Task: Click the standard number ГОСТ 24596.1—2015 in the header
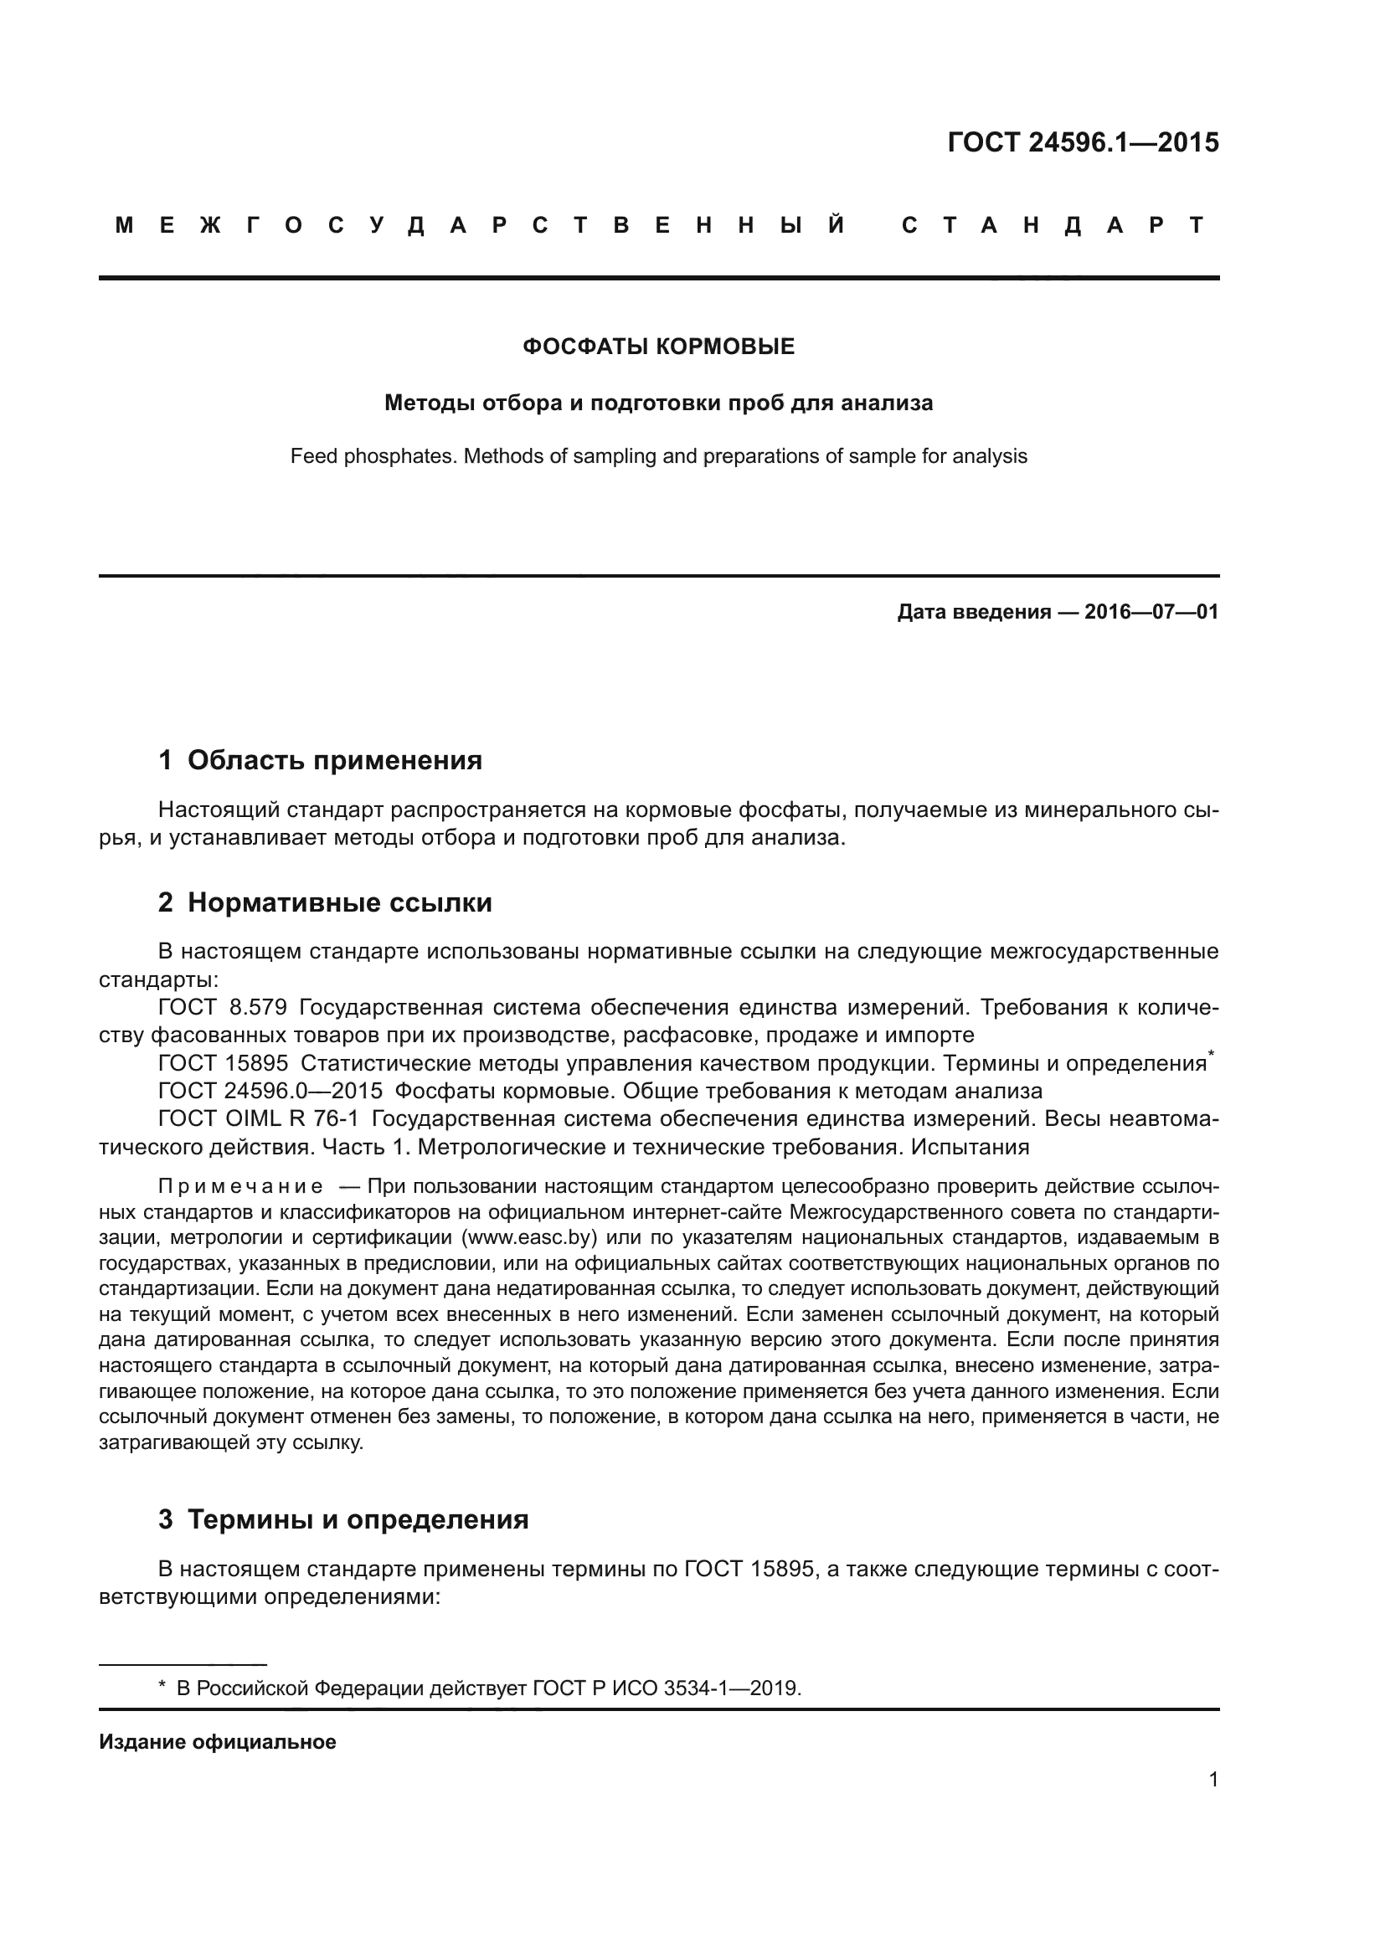click(1082, 142)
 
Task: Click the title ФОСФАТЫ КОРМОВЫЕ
click(658, 347)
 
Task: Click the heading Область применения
click(334, 760)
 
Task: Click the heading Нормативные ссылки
click(339, 902)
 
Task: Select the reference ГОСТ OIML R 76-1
click(259, 1118)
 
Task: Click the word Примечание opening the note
click(240, 1186)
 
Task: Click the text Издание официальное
click(218, 1742)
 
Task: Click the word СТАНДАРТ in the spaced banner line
click(1053, 225)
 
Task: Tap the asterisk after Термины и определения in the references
click(1211, 1056)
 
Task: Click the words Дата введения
click(973, 611)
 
